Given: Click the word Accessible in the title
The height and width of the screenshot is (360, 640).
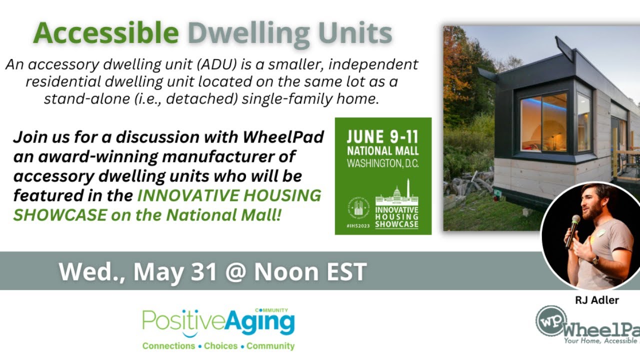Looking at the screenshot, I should point(106,33).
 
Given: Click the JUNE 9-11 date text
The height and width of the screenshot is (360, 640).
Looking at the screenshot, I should point(382,137).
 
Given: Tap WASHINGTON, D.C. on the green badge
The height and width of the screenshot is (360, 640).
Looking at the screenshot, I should point(382,163).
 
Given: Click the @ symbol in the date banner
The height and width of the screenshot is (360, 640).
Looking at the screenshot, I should point(235,271).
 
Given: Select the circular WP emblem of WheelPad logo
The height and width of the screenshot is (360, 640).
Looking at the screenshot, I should point(551,320).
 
